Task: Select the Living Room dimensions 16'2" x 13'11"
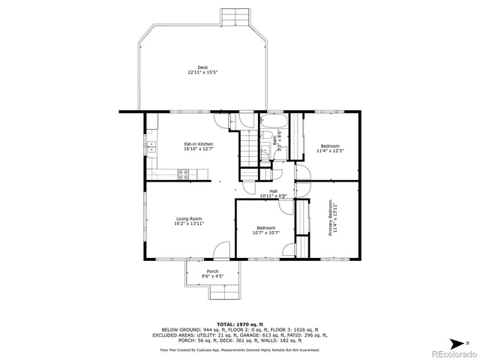point(189,223)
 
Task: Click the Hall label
point(274,191)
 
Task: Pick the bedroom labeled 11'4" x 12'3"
point(330,148)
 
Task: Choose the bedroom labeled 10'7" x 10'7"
point(265,230)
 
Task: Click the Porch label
point(213,271)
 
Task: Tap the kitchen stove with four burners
point(183,174)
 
